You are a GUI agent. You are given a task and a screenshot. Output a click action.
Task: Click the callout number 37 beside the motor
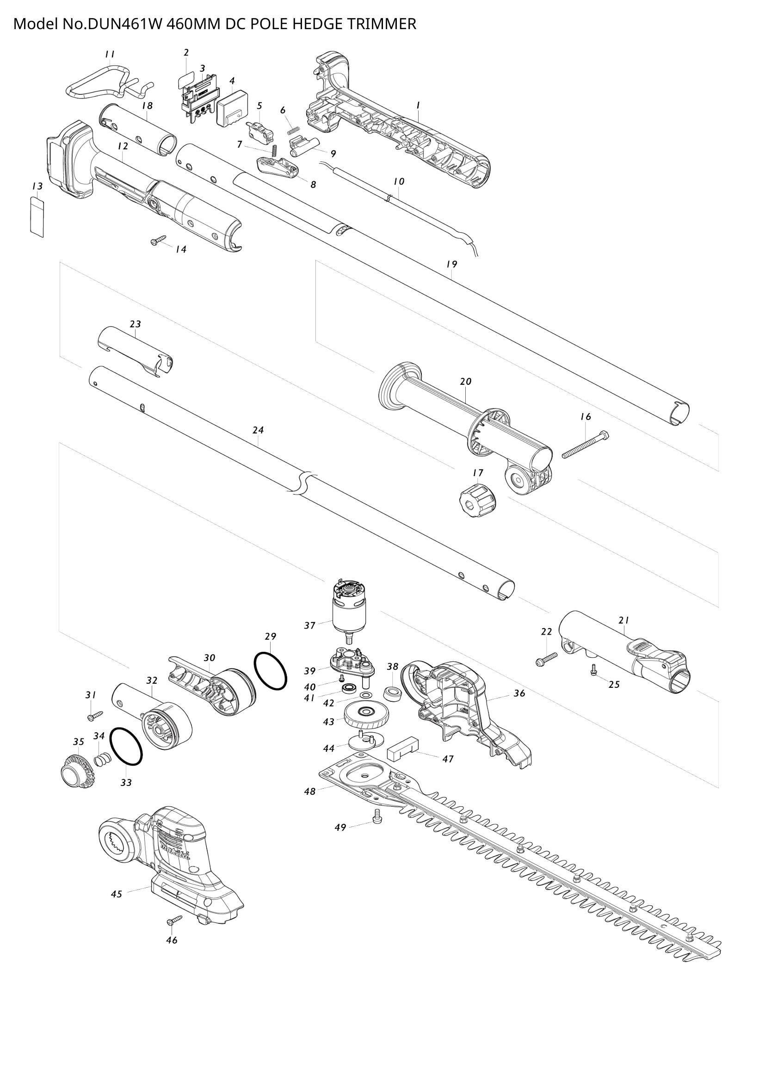pyautogui.click(x=309, y=626)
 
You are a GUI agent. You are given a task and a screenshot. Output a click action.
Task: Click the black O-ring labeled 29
pyautogui.click(x=271, y=671)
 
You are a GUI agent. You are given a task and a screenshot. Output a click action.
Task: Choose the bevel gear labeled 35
pyautogui.click(x=78, y=770)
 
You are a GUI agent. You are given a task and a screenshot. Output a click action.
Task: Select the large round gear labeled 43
pyautogui.click(x=366, y=718)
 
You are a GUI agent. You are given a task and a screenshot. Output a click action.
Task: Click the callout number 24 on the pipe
pyautogui.click(x=258, y=430)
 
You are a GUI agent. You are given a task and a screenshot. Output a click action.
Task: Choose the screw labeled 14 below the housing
pyautogui.click(x=158, y=241)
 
